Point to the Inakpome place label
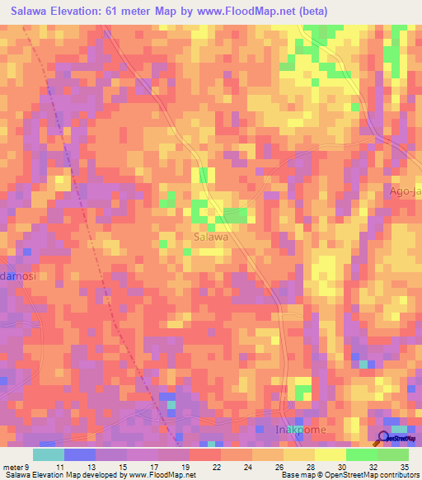[300, 431]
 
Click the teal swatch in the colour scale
[49, 454]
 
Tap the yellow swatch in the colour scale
[330, 454]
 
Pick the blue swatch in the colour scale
[80, 454]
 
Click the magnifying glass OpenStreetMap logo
[384, 438]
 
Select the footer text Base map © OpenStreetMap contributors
[349, 476]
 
